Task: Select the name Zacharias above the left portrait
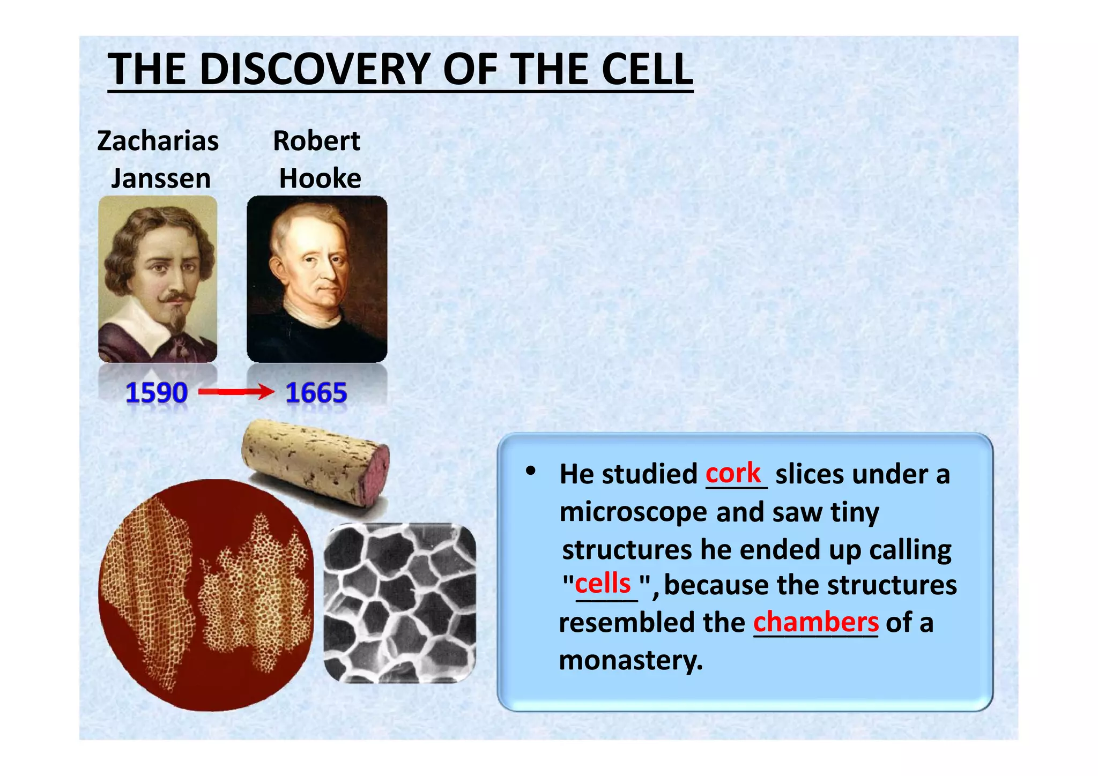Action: [x=158, y=141]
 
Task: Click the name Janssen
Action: [x=160, y=178]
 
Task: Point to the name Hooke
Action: [x=320, y=178]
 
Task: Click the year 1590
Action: [x=156, y=393]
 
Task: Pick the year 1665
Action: [x=316, y=393]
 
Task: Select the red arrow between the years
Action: [x=236, y=392]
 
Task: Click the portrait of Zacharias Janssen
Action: [x=158, y=279]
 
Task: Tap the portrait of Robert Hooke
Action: [x=316, y=279]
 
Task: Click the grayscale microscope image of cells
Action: [x=400, y=603]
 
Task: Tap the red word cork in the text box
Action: [x=732, y=474]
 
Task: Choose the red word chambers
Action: [x=815, y=622]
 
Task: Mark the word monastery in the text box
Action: [x=630, y=660]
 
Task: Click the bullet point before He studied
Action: [x=530, y=471]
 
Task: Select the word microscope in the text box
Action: [x=633, y=512]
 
